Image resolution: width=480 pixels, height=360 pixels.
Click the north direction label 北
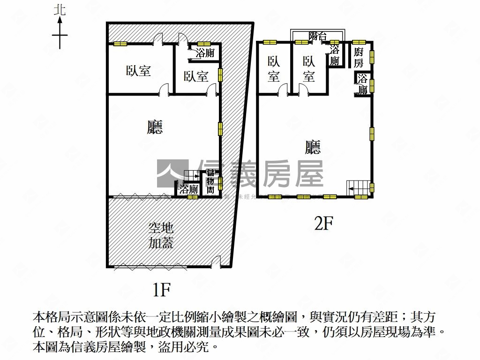click(x=60, y=10)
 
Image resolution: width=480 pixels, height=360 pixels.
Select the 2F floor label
click(x=323, y=225)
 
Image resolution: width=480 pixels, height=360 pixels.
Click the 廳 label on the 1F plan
click(x=155, y=127)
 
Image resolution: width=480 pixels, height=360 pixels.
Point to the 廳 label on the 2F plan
click(x=313, y=148)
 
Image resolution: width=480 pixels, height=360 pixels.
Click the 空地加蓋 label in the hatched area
click(x=161, y=236)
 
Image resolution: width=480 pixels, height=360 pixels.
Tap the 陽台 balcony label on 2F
click(x=318, y=36)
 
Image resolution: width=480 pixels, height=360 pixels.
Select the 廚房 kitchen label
click(x=359, y=58)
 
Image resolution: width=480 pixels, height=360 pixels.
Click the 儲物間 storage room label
click(x=210, y=182)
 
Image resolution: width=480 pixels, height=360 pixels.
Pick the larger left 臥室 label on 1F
click(x=138, y=71)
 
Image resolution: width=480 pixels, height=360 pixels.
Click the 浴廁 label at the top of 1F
click(x=205, y=53)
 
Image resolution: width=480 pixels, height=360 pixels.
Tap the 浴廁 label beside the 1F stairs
click(x=188, y=190)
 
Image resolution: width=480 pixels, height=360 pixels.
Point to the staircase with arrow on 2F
click(x=357, y=187)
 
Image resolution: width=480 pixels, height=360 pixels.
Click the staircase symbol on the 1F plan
click(x=191, y=176)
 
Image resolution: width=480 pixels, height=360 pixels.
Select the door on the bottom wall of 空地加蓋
click(x=216, y=262)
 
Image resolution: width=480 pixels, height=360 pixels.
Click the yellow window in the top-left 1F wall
click(x=120, y=44)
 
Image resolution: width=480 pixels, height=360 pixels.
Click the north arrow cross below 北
click(x=60, y=35)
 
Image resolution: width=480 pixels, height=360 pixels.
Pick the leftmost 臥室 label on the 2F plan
click(x=274, y=69)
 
